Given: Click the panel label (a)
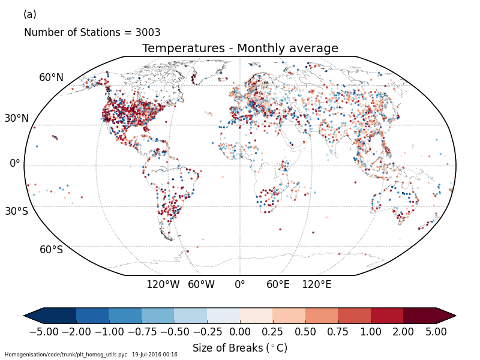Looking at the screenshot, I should (29, 14).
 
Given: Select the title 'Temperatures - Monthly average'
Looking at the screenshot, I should (240, 49).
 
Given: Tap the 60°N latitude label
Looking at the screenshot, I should (51, 77).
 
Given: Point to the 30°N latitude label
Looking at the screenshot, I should (17, 118).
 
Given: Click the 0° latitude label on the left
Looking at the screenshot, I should (15, 163).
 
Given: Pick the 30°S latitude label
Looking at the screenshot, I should (17, 211).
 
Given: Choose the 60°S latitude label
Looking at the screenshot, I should (51, 250).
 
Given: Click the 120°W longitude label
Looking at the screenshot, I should (163, 284).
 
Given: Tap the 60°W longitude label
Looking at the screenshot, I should (201, 284).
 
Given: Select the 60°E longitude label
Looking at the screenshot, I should (278, 284).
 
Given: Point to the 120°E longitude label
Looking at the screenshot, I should (316, 284).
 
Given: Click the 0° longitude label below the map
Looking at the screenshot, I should (240, 284).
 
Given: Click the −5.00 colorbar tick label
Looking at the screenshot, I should (43, 331).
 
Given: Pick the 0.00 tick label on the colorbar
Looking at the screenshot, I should (240, 331).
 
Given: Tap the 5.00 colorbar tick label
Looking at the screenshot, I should (436, 331).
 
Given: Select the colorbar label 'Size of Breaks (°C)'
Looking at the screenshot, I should (240, 348).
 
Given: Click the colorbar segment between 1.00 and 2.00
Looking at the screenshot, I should (387, 316).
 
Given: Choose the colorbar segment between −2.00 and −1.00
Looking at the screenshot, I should (92, 316).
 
